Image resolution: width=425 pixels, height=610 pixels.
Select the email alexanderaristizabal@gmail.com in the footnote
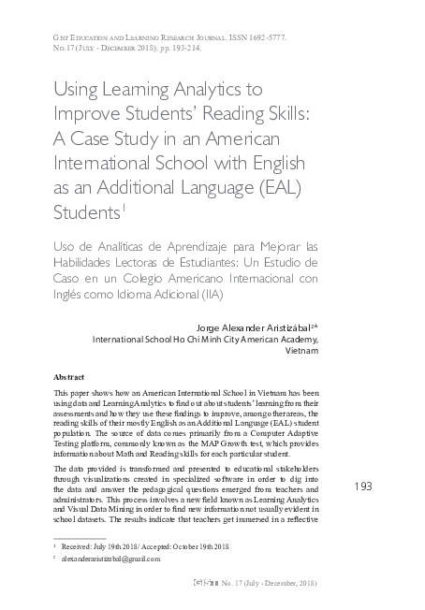[115, 559]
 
